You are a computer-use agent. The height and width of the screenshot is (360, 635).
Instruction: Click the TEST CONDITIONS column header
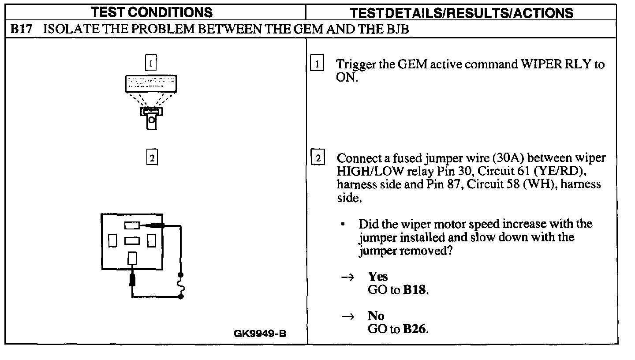pyautogui.click(x=154, y=12)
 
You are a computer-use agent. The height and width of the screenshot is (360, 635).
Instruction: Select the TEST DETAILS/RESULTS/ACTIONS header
pyautogui.click(x=462, y=12)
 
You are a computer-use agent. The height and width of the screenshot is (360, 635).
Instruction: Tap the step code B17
pyautogui.click(x=21, y=30)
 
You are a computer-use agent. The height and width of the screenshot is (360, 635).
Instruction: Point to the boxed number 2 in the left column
pyautogui.click(x=151, y=157)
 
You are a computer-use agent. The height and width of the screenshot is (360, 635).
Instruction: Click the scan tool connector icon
pyautogui.click(x=151, y=117)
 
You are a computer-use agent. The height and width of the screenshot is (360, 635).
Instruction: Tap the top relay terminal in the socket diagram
pyautogui.click(x=132, y=226)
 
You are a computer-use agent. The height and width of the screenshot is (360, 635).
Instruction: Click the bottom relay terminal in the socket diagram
pyautogui.click(x=132, y=258)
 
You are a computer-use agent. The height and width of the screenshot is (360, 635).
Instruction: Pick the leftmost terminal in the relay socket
pyautogui.click(x=112, y=241)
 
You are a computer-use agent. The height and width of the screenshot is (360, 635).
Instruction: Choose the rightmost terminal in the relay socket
pyautogui.click(x=151, y=241)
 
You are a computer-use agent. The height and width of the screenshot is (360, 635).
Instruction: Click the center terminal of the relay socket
pyautogui.click(x=132, y=240)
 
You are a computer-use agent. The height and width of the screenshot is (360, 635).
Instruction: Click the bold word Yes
pyautogui.click(x=378, y=277)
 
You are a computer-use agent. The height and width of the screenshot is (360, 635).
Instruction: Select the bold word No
pyautogui.click(x=376, y=316)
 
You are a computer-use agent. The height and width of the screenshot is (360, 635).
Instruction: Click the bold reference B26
pyautogui.click(x=415, y=330)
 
